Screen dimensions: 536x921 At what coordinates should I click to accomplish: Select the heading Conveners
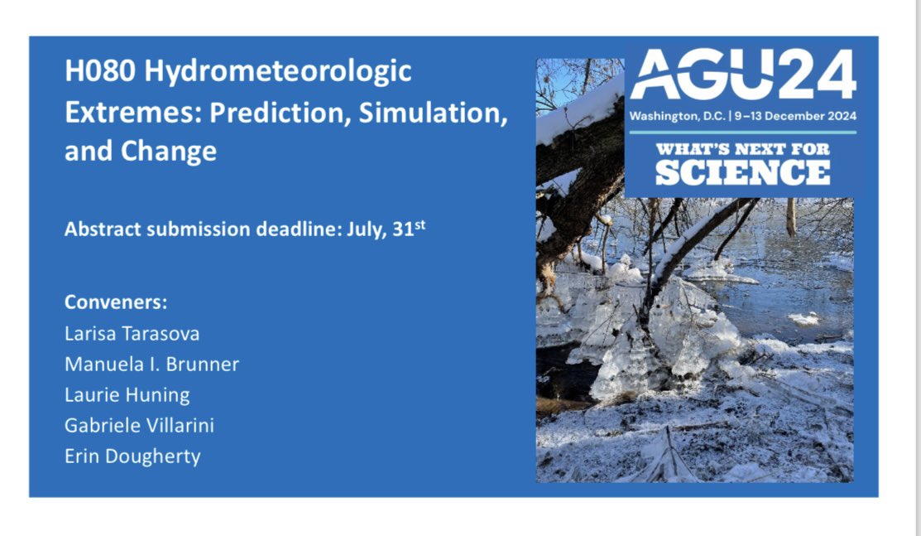(x=116, y=302)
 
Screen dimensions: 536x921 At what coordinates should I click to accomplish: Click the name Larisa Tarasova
(x=132, y=334)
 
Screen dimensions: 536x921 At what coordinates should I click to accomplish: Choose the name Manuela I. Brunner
(x=151, y=365)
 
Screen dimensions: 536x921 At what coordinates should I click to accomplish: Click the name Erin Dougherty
(x=132, y=456)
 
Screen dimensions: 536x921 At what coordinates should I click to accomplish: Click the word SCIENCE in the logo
(x=742, y=172)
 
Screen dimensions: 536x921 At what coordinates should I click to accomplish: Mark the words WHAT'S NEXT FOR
(x=742, y=151)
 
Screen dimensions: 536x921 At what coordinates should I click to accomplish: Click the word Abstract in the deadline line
(x=98, y=229)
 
